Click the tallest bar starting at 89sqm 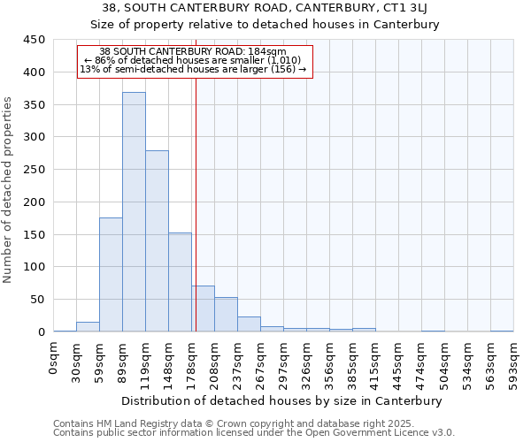click(x=134, y=212)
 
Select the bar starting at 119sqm click(x=157, y=241)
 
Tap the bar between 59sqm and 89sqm click(x=111, y=275)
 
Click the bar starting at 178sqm click(x=203, y=309)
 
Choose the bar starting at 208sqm click(x=226, y=315)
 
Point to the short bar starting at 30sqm click(x=88, y=326)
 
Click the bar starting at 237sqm click(x=249, y=324)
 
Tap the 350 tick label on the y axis click(x=34, y=105)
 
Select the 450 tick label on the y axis click(x=34, y=40)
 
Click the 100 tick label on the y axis click(x=34, y=267)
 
